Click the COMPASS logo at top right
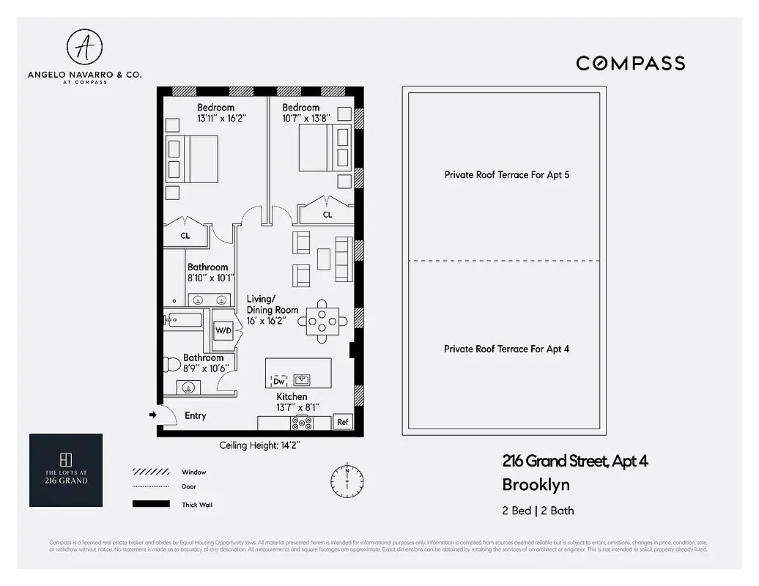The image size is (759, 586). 630,63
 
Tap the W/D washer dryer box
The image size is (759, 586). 223,330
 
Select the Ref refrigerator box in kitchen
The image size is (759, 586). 342,422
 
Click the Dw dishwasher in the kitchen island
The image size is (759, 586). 279,381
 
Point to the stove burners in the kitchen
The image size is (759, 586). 302,423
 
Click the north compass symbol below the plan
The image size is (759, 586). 347,480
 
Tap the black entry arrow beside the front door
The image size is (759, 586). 152,415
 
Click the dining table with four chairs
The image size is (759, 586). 322,321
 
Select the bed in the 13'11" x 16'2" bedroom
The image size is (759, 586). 192,159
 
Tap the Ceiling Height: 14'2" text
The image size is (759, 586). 259,445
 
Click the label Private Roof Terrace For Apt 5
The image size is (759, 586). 506,175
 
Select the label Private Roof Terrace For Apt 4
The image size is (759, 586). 506,349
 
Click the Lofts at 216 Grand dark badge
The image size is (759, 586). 66,470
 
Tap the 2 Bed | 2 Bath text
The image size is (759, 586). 533,511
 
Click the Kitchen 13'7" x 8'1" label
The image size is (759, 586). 292,401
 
